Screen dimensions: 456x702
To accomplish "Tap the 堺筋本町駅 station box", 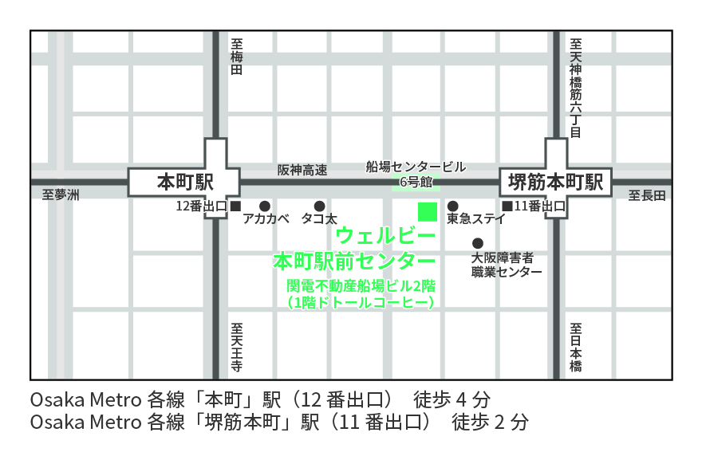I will pos(555,182).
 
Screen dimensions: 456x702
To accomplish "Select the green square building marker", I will pos(428,211).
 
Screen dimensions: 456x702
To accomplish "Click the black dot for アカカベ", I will pos(265,206).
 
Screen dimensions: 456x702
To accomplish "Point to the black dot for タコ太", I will pos(319,206).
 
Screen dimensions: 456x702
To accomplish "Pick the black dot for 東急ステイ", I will pos(452,206).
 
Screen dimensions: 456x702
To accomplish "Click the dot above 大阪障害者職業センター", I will pos(478,243).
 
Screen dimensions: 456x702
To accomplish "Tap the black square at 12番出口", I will pos(235,206).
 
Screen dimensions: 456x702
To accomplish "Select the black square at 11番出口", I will pos(507,206).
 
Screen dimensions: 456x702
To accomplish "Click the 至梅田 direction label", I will pos(236,57).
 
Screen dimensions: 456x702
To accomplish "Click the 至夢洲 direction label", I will pos(61,195).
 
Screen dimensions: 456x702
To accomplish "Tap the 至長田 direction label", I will pos(646,195).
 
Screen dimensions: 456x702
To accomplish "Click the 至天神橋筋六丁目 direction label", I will pos(576,88).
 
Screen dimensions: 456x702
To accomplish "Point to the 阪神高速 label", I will pos(302,169).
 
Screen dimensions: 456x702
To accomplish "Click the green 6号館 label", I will pos(415,183).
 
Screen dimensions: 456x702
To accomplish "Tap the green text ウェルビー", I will pos(385,236).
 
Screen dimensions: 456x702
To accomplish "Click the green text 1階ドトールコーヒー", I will pos(360,302).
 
